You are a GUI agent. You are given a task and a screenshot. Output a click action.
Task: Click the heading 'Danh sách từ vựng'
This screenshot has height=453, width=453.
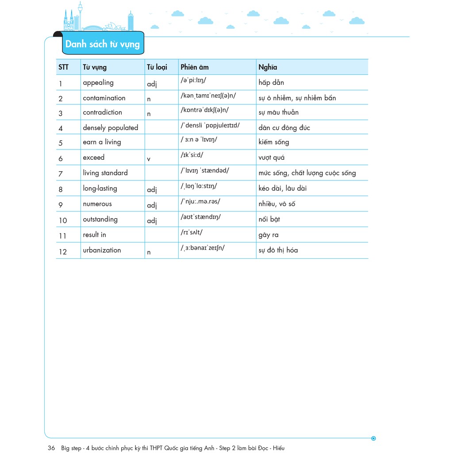(x=102, y=44)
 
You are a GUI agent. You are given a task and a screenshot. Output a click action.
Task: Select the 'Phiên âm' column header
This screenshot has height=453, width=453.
(x=194, y=67)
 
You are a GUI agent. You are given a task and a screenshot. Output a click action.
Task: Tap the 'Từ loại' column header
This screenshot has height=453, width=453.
(x=157, y=67)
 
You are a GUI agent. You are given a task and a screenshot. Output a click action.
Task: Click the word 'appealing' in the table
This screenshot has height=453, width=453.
(x=98, y=83)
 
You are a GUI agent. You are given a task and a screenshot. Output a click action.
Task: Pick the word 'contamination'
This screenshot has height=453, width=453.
(x=104, y=98)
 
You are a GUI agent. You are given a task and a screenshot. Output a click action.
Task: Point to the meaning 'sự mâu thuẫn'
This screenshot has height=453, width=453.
(x=278, y=113)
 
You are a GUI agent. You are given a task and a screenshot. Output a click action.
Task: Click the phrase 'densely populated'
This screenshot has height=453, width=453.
(x=111, y=128)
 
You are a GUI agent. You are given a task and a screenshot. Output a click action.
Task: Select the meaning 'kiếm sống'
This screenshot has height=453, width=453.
(x=273, y=142)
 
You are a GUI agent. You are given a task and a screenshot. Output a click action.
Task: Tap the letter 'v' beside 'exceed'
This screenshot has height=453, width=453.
(x=149, y=159)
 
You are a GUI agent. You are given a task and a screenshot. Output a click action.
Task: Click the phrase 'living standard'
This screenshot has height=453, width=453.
(x=105, y=173)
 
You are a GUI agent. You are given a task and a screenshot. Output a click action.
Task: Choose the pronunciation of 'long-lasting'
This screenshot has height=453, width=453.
(x=199, y=186)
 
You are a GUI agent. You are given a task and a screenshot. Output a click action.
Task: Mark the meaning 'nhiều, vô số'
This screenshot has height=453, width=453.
(x=276, y=204)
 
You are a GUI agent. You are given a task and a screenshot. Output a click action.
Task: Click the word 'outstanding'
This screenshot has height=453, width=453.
(x=100, y=219)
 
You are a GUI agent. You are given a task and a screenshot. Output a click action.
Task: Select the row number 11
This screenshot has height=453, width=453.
(x=62, y=236)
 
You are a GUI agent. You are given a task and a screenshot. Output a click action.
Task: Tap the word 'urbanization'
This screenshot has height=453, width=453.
(x=102, y=250)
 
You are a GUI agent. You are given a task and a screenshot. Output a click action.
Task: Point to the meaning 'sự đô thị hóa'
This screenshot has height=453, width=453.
(x=278, y=250)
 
